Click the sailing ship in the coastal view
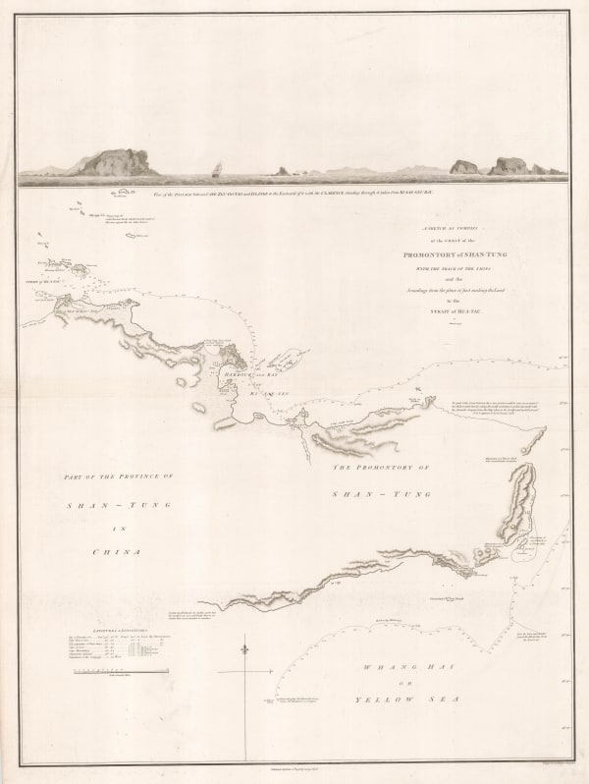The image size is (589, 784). (217, 170)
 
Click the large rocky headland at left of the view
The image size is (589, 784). (116, 162)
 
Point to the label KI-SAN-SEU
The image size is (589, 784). (255, 391)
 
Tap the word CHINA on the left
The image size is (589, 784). (116, 552)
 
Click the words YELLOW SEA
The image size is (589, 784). (396, 699)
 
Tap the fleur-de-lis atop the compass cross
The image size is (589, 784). (243, 649)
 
